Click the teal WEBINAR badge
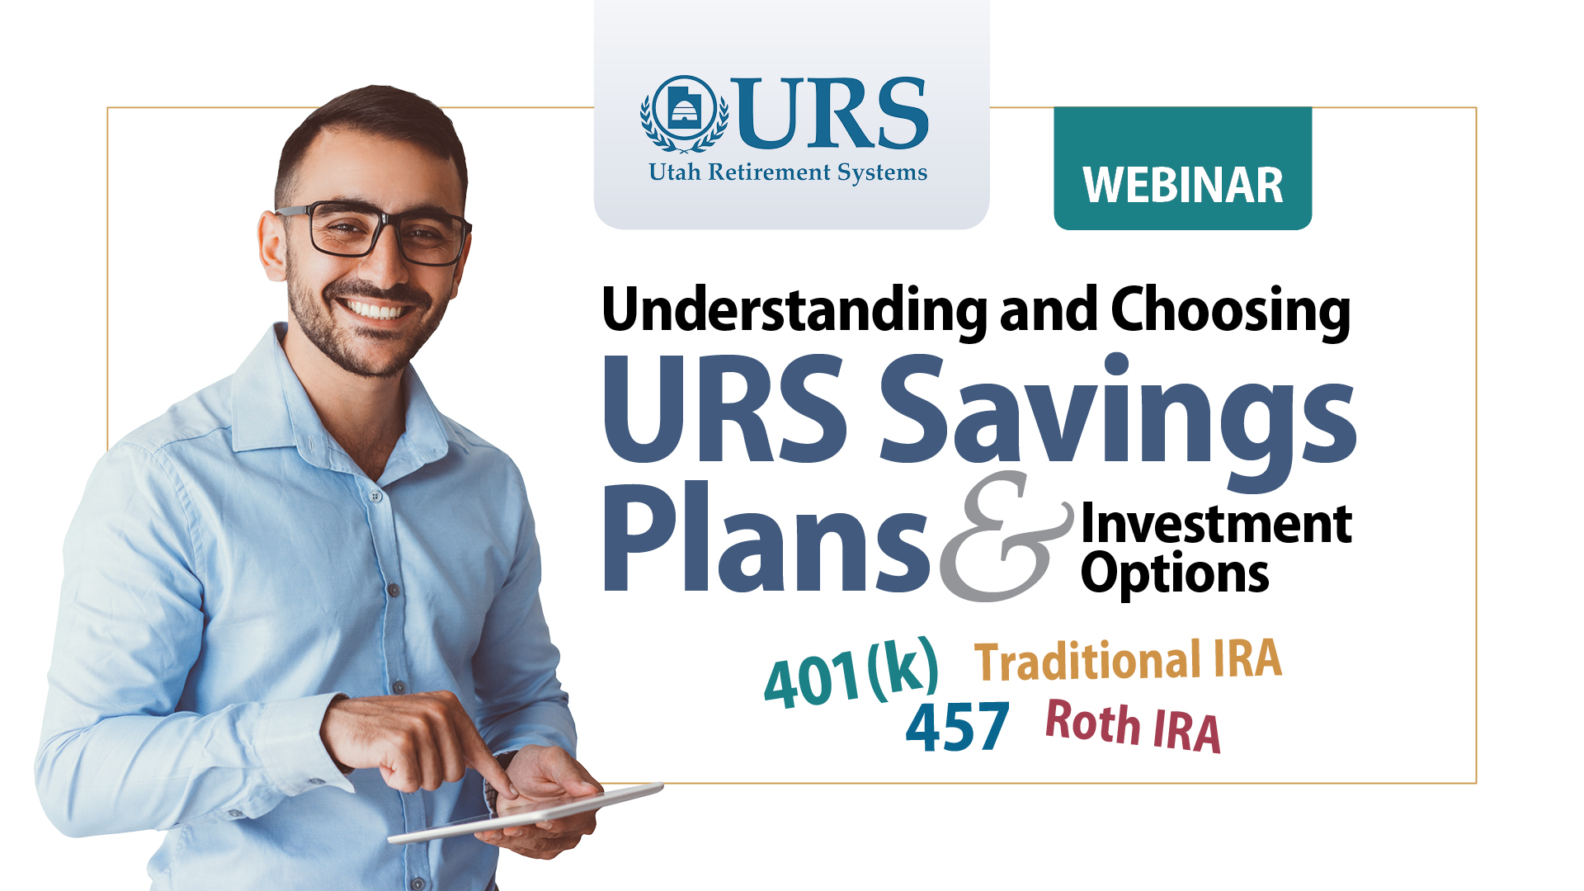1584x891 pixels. pos(1182,168)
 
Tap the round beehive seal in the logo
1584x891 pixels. pos(685,113)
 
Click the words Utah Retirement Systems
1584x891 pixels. pos(788,172)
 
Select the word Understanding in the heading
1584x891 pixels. pos(794,311)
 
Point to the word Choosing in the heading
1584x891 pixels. pos(1231,311)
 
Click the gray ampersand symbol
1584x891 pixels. pos(1006,536)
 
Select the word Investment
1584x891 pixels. pos(1216,524)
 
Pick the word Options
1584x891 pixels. pos(1175,574)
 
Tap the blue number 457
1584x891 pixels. pos(957,727)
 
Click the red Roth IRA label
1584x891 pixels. pos(1133,725)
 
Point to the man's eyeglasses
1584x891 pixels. pos(375,232)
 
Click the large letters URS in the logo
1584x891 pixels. pos(832,113)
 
